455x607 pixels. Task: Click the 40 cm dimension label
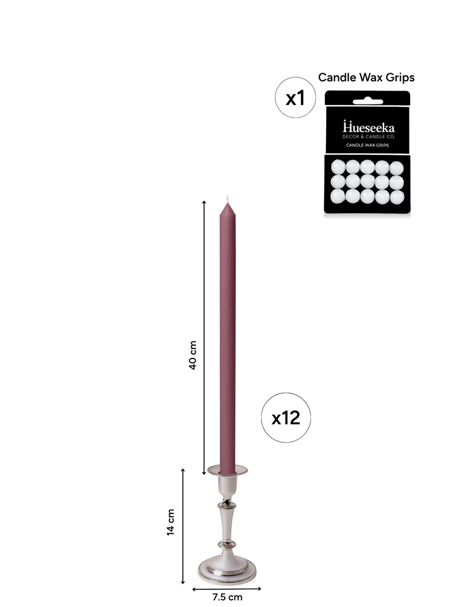[x=193, y=355]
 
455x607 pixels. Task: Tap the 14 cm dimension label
[x=171, y=522]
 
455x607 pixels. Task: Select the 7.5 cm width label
[x=227, y=597]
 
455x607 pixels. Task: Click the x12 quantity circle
[x=286, y=418]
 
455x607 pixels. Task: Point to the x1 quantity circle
[x=296, y=97]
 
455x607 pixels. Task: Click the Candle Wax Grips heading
[x=367, y=77]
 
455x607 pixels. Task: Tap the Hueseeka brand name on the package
[x=368, y=127]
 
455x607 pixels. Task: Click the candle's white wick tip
[x=227, y=199]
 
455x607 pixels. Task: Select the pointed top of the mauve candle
[x=227, y=209]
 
